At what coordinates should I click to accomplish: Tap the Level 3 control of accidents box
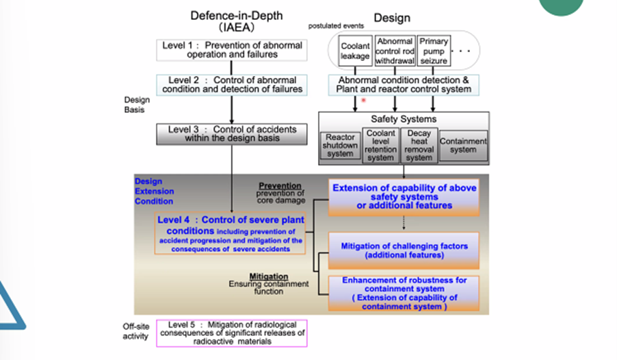click(232, 133)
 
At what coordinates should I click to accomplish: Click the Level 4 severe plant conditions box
click(231, 234)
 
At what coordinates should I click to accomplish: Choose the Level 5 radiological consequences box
click(232, 333)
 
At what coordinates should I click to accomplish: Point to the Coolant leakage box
click(355, 51)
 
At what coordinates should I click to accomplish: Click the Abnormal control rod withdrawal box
click(395, 51)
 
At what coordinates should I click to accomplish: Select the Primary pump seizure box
click(434, 51)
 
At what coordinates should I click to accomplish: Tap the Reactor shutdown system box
click(340, 145)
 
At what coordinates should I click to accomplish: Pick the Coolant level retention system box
click(380, 144)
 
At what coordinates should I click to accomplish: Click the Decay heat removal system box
click(419, 144)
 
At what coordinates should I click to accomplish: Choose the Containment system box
click(463, 146)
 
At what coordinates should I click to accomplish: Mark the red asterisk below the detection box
click(364, 101)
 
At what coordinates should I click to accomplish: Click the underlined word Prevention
click(280, 185)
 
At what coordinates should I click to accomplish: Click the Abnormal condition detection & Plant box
click(404, 84)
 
